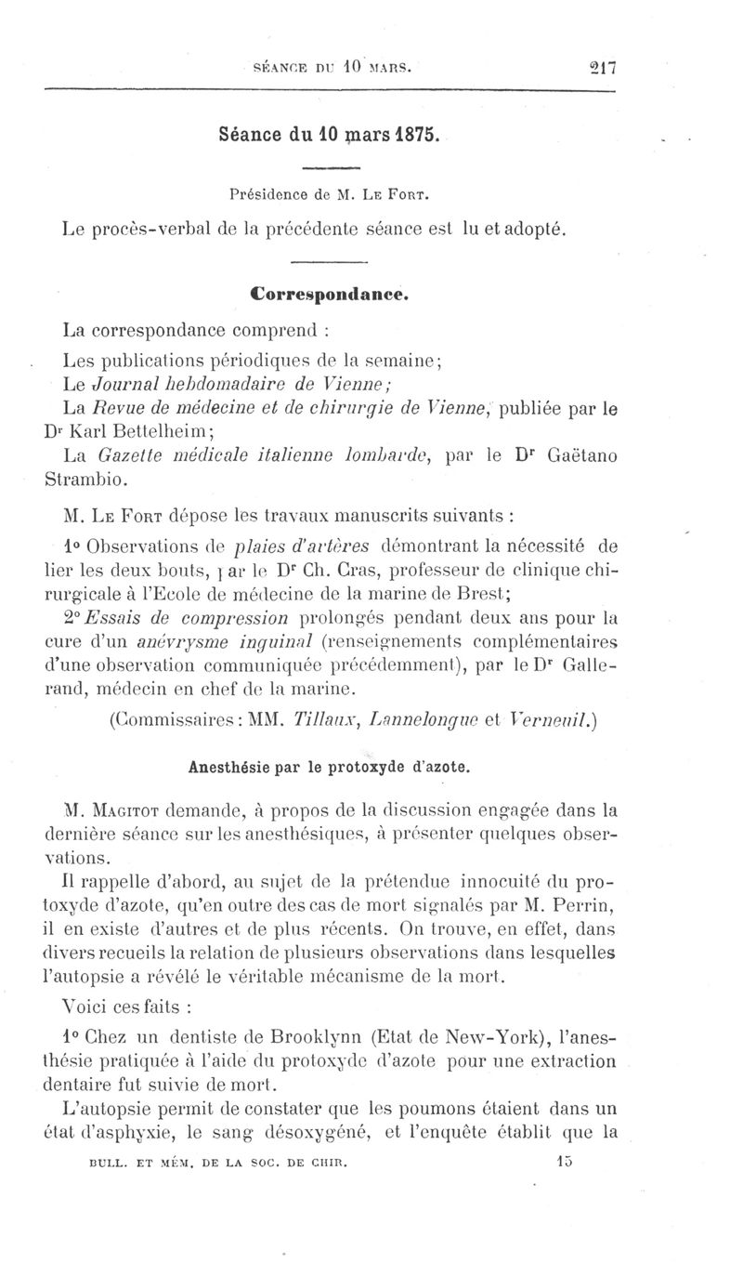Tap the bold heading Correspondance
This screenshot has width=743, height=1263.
click(x=330, y=295)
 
